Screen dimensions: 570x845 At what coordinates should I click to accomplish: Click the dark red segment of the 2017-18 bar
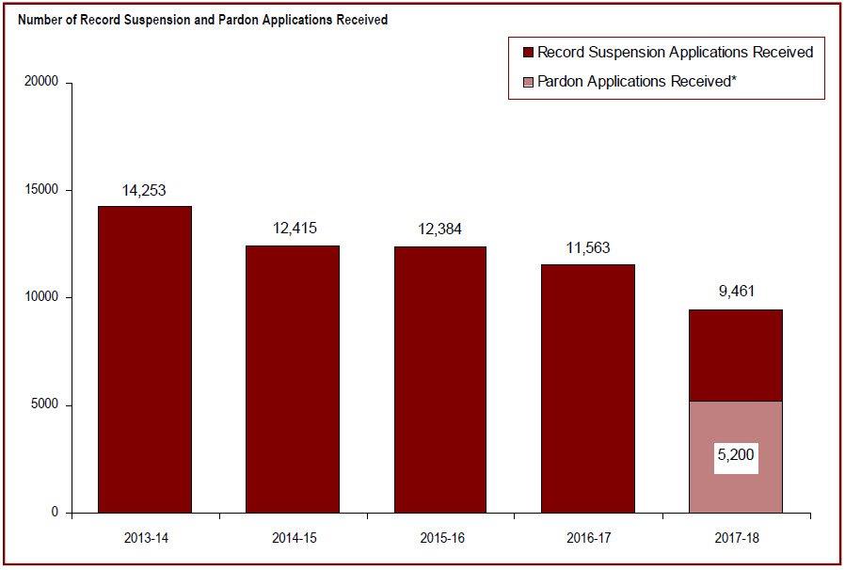click(735, 356)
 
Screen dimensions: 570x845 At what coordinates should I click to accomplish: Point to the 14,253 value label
click(144, 191)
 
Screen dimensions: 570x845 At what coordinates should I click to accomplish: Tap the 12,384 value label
click(439, 230)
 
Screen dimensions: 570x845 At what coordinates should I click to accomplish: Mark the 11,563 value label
click(587, 248)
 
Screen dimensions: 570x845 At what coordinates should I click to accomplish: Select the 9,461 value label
click(735, 293)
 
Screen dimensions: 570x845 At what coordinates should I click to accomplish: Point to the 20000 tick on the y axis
click(41, 83)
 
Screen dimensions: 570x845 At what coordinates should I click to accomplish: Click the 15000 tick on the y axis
click(41, 190)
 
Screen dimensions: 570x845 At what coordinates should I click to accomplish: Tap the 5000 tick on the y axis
click(44, 405)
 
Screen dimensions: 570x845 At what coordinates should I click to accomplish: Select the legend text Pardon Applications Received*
click(636, 82)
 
